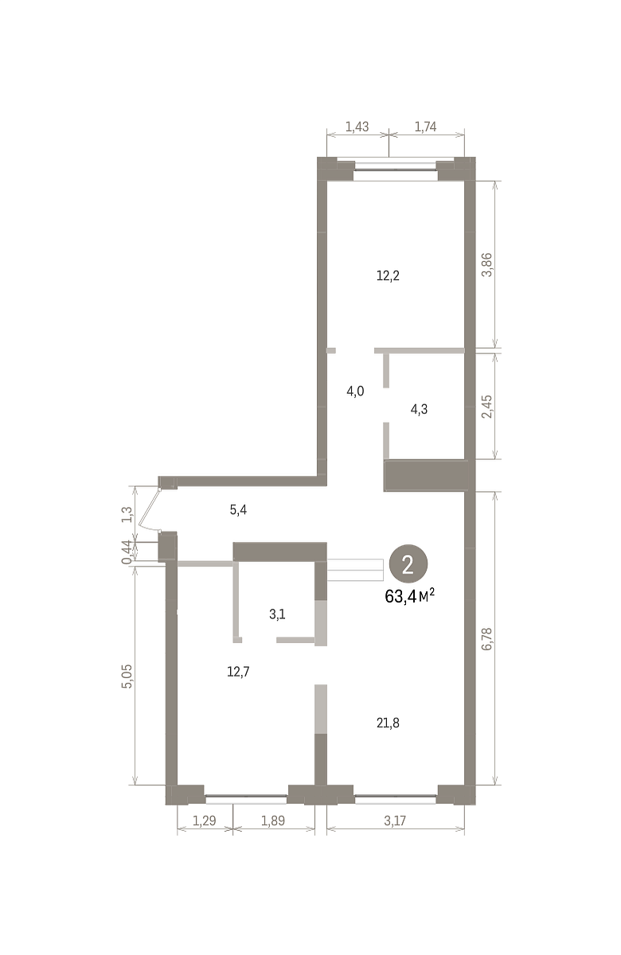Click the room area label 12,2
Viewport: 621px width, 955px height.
click(x=388, y=276)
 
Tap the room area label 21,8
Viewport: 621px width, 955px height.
click(x=388, y=723)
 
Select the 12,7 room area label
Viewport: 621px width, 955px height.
click(x=238, y=672)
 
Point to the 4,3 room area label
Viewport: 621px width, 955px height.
click(x=419, y=409)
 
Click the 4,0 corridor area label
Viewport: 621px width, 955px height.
click(x=355, y=391)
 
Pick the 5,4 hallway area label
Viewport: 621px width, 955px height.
click(x=238, y=509)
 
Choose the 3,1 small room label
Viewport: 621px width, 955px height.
click(x=277, y=614)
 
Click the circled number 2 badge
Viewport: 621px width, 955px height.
click(x=408, y=565)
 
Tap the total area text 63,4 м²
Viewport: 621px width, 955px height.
click(x=409, y=596)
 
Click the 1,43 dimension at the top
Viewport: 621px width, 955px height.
click(x=357, y=127)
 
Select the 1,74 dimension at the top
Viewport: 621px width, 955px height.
click(x=425, y=127)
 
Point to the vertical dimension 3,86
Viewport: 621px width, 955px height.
click(x=487, y=265)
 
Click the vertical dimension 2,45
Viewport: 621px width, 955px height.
click(x=487, y=407)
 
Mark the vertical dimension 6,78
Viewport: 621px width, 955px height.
click(x=487, y=638)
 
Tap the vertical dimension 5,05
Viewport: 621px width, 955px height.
click(x=127, y=676)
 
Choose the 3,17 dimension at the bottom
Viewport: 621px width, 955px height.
click(x=395, y=820)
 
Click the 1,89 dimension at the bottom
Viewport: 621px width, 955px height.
click(x=273, y=820)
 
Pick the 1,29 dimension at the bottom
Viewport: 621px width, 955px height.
click(x=205, y=820)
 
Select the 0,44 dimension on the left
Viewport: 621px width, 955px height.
click(x=127, y=552)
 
